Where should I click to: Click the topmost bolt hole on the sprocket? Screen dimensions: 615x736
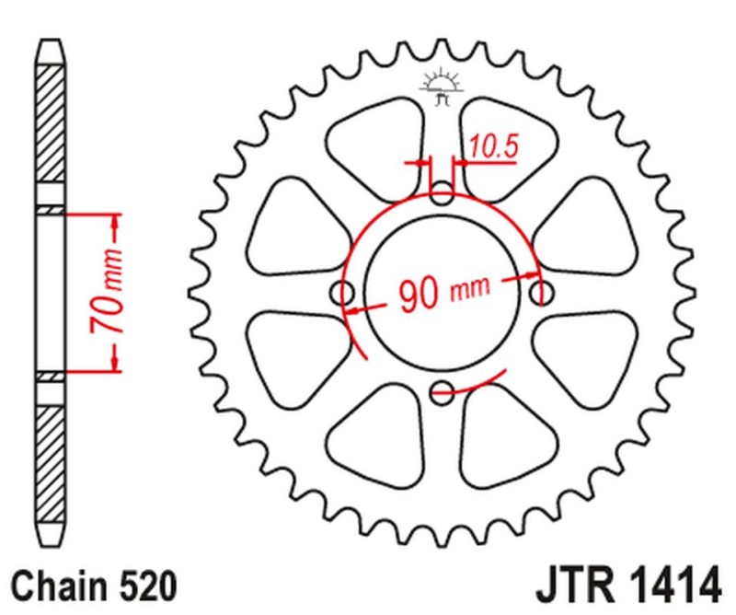pos(443,194)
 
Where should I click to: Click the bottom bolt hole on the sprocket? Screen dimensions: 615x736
pos(443,390)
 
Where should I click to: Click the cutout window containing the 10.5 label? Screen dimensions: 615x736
pos(501,152)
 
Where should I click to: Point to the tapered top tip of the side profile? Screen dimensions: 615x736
pos(52,46)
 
